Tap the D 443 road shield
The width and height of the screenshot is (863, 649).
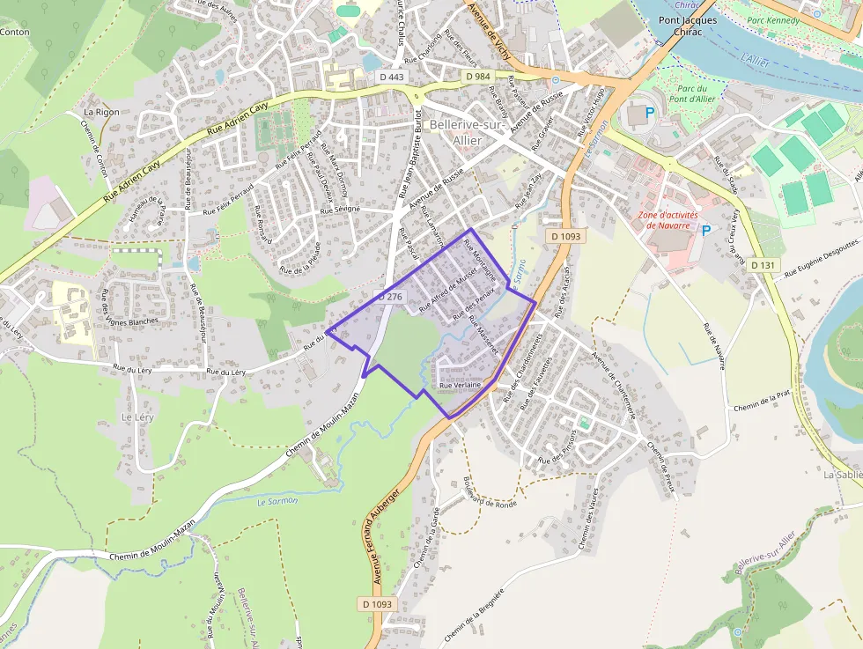392,77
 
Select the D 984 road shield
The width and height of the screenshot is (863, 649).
477,77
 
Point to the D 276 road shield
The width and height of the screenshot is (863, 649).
390,298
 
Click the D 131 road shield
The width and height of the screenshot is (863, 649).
763,265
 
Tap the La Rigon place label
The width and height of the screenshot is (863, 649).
101,112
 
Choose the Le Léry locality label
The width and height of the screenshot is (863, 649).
137,417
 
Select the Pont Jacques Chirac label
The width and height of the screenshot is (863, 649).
688,26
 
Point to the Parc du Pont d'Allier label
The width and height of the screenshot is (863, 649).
693,93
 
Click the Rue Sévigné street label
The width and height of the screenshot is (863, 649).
340,211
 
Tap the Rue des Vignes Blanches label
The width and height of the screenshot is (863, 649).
129,307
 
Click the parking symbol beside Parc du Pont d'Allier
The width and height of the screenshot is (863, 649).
650,112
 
